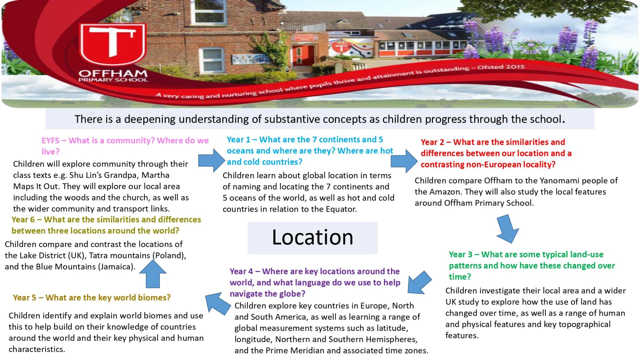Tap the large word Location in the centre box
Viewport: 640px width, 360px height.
[312, 237]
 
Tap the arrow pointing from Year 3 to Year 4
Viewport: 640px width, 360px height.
[419, 282]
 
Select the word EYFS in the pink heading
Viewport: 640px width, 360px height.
[50, 141]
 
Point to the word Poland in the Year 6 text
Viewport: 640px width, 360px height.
[168, 256]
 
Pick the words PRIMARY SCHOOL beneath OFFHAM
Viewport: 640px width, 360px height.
[113, 80]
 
